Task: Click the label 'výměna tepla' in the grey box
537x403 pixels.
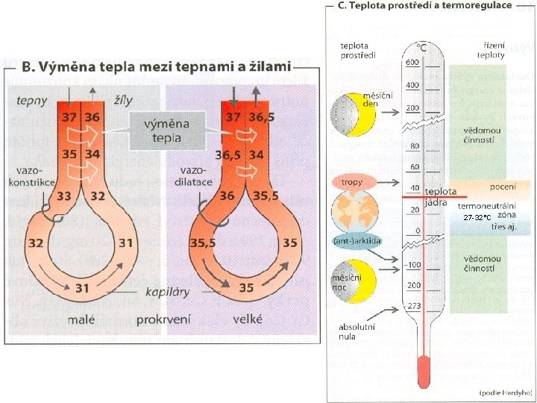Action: [x=166, y=129]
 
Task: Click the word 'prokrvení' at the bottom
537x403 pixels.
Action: [x=164, y=319]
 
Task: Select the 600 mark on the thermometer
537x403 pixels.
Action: [x=412, y=63]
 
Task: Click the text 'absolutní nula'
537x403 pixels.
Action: [x=357, y=331]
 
